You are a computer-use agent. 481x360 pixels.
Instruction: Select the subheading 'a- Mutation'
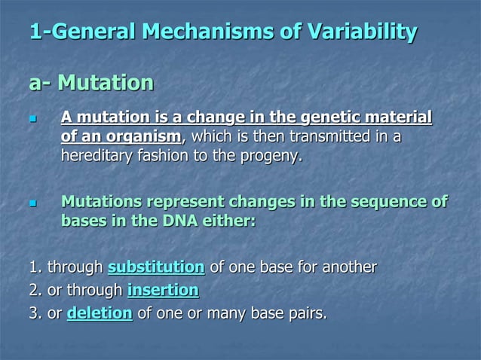91,82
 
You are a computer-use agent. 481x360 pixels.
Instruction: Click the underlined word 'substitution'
156,267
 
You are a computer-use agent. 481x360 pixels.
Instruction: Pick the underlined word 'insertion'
164,290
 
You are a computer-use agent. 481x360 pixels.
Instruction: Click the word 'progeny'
271,157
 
